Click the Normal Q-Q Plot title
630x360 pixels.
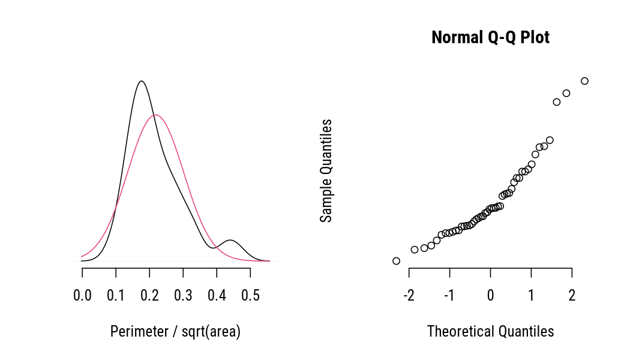(490, 38)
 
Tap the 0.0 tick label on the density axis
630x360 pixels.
(82, 295)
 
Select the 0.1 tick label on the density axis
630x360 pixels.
(116, 295)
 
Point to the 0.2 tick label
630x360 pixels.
(149, 295)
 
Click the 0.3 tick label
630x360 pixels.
(183, 295)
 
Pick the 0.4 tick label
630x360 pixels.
(217, 295)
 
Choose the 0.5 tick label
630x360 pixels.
(250, 295)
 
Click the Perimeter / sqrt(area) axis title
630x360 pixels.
(175, 332)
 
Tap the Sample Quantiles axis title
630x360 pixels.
(326, 171)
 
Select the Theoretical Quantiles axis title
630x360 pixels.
(490, 331)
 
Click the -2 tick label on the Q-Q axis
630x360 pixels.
(409, 295)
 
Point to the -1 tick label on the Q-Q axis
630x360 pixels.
(449, 295)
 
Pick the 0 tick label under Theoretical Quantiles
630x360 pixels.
(490, 295)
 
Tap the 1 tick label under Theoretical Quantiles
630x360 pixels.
(531, 295)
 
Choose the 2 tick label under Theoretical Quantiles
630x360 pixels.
(572, 295)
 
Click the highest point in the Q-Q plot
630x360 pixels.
(584, 81)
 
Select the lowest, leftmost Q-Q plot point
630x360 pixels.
(396, 260)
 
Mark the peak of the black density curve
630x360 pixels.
(141, 80)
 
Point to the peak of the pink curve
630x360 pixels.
(155, 115)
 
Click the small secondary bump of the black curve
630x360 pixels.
(231, 240)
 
